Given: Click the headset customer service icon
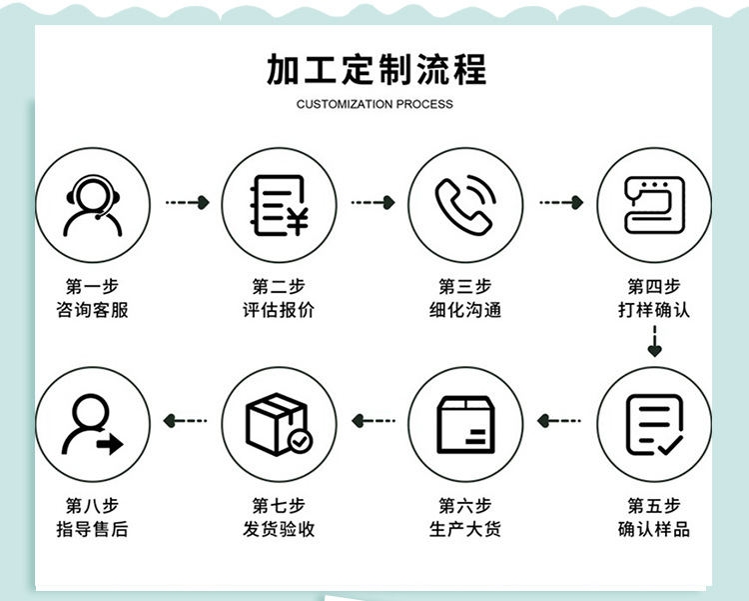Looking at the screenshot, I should (93, 205).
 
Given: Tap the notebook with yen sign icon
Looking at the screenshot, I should (279, 205).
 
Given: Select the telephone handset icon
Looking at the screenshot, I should (465, 205).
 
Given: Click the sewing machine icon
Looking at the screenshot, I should (653, 205).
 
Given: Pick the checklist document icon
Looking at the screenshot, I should (653, 424).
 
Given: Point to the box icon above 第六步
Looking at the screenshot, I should (465, 424).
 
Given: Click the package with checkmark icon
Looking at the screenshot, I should (279, 424).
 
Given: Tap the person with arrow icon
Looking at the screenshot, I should (93, 424).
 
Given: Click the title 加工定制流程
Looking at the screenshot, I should (375, 70).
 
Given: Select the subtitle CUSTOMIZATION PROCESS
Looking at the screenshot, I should (374, 104).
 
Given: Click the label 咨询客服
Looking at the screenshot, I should (93, 310).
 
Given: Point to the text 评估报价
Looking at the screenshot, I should (279, 310).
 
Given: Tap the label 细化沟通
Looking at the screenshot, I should (465, 310).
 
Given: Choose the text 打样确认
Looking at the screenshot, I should (653, 310).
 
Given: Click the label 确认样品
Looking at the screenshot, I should (653, 529).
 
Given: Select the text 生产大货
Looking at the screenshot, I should (465, 529).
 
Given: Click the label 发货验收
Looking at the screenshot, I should (279, 529).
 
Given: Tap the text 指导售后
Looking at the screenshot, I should (93, 529).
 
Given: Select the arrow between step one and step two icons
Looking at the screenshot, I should (187, 203).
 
